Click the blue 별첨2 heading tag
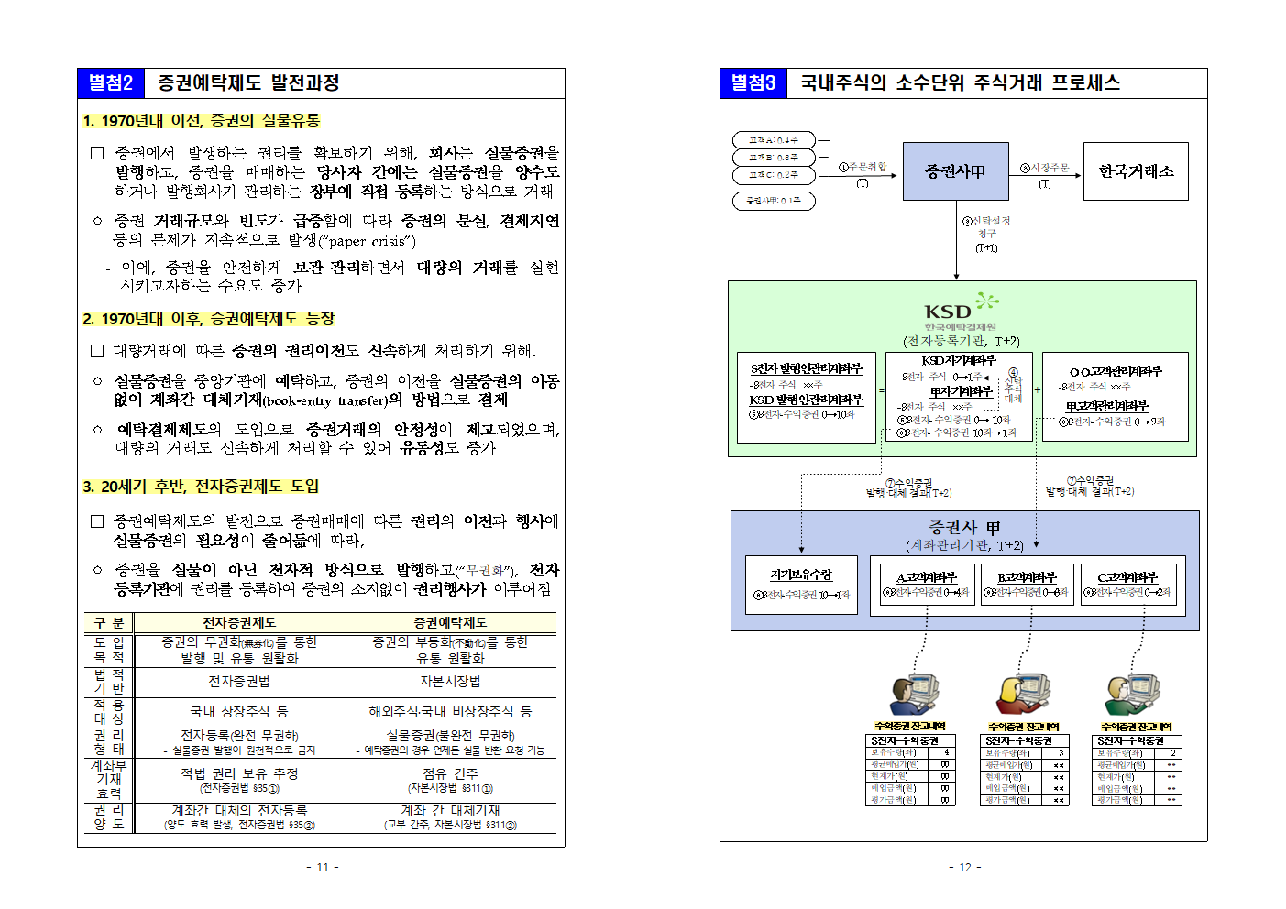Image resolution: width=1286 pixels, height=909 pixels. pos(111,83)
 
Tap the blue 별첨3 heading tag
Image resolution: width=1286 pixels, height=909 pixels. pos(753,83)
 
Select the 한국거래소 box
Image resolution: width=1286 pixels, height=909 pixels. pos(1136,171)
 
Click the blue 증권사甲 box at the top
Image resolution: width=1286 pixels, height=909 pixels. pos(955,171)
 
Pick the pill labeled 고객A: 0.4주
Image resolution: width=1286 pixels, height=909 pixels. pos(774,140)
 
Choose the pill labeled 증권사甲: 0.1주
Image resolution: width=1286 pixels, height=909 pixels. pos(774,201)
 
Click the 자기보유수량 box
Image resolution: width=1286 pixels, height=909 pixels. pos(801,585)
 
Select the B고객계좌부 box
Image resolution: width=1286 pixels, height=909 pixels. pos(1027,585)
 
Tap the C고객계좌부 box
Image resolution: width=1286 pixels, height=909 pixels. pos(1127,585)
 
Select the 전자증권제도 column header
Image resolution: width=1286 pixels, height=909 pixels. pos(239,623)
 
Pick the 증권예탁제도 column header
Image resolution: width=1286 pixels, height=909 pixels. pos(450,623)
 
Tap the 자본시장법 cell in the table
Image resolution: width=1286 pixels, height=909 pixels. pos(450,682)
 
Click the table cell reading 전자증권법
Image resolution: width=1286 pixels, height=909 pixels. pos(239,682)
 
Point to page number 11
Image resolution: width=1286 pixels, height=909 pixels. pos(322,867)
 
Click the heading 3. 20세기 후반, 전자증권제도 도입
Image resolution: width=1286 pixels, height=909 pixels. pos(201,487)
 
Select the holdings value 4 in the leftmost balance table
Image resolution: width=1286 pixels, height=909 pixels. pos(945,753)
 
